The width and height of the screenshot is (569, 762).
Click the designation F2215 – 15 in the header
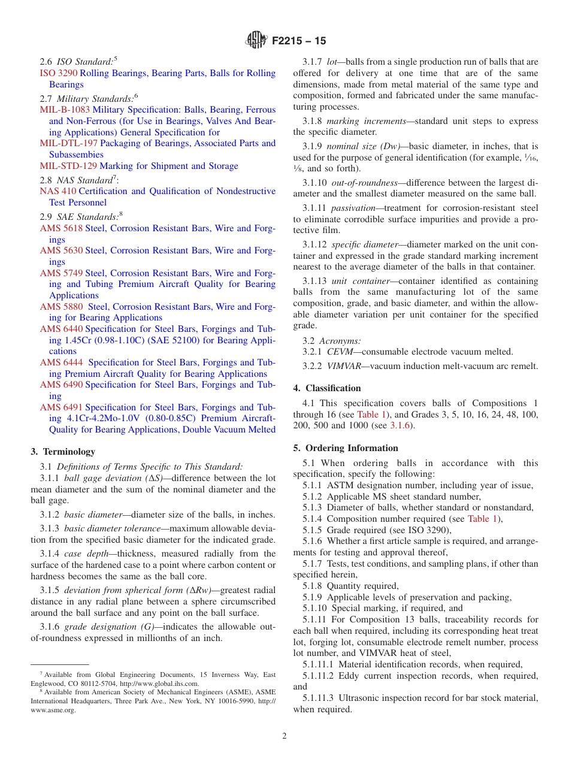299,41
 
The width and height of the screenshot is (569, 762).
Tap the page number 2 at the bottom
284,736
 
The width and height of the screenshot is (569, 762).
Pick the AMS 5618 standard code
61,228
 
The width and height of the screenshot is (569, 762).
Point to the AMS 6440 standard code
61,329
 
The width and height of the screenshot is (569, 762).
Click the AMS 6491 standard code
61,407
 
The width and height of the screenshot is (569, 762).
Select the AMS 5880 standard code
61,307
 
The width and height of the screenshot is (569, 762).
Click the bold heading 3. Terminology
63,452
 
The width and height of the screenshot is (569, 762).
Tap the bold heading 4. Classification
327,388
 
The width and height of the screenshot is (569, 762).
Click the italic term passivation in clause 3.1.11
353,208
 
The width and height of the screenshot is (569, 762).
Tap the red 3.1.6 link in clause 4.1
400,425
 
